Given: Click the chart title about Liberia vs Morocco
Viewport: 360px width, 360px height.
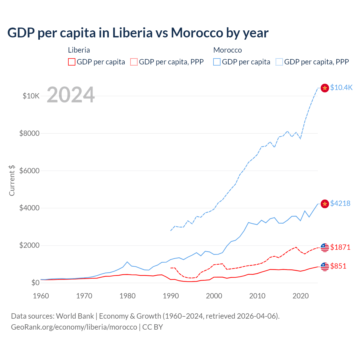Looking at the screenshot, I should click(x=138, y=33).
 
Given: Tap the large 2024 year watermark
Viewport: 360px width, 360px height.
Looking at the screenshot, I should click(x=71, y=95).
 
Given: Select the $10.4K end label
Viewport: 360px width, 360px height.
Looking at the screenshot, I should click(x=341, y=87).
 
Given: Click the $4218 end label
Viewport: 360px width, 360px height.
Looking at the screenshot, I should click(x=340, y=203).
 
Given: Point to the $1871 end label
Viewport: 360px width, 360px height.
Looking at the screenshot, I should click(x=340, y=247).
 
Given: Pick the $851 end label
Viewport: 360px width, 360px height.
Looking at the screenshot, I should click(x=338, y=266).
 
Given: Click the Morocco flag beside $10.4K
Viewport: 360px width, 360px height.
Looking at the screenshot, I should click(x=325, y=88).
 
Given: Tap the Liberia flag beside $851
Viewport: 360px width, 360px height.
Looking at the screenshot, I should click(x=325, y=267).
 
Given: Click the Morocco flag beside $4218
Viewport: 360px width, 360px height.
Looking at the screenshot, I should click(x=325, y=204).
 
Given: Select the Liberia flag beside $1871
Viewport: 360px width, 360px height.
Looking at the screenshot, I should click(x=325, y=247).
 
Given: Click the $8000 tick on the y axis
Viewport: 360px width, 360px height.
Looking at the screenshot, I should click(x=29, y=133).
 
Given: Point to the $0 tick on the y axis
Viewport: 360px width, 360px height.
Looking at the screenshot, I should click(x=35, y=283).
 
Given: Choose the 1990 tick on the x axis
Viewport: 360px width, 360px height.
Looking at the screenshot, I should click(x=171, y=296).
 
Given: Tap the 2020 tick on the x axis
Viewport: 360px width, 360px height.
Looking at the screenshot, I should click(x=301, y=296).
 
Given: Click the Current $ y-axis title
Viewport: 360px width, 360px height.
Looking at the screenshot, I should click(x=12, y=180).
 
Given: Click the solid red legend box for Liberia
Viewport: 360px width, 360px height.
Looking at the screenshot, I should click(x=72, y=62).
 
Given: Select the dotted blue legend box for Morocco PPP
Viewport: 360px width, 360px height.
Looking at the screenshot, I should click(x=279, y=62).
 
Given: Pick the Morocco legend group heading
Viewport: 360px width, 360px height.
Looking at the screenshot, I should click(x=228, y=50).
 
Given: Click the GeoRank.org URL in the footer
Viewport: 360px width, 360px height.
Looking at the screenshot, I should click(x=74, y=327).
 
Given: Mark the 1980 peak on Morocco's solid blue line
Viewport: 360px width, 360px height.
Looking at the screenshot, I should click(x=127, y=262).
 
